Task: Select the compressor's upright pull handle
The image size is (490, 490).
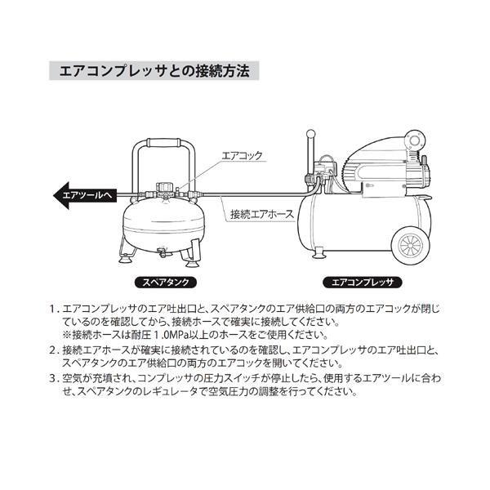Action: tap(310, 155)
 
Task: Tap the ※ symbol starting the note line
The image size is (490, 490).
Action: tap(68, 336)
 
